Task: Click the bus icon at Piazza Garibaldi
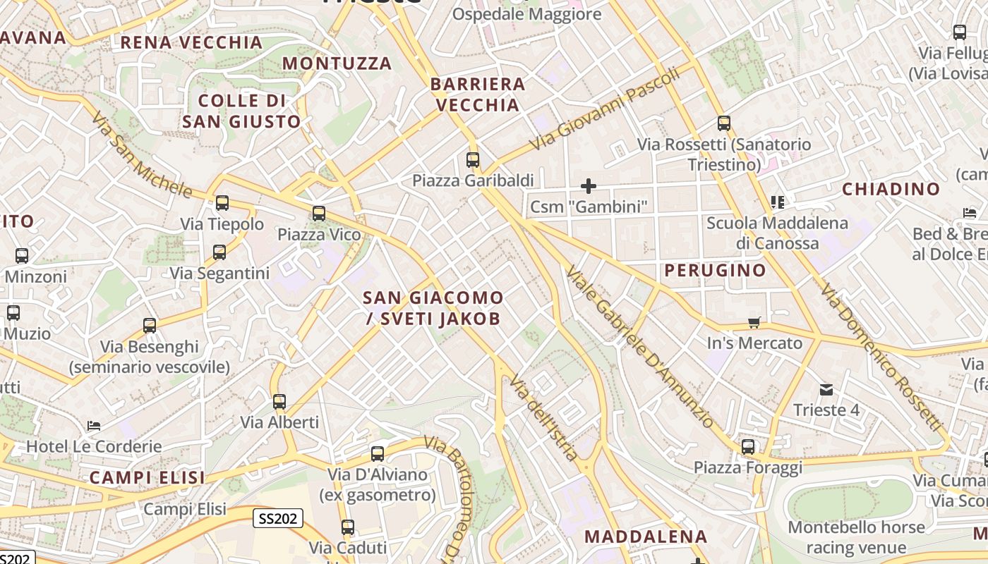(x=473, y=160)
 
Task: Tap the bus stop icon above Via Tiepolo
(x=222, y=204)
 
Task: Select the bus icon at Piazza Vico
(x=319, y=214)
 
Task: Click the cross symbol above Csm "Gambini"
(x=589, y=186)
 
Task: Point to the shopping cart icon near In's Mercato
(x=754, y=323)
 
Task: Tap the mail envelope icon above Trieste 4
(x=826, y=390)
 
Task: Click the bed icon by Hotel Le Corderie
(x=94, y=426)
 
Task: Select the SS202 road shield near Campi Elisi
(x=278, y=519)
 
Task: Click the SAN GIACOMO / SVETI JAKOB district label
(x=433, y=308)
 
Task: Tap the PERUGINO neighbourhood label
(x=715, y=270)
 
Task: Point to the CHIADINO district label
(x=891, y=189)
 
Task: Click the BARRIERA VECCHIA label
(x=478, y=94)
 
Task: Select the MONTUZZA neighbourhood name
(x=337, y=63)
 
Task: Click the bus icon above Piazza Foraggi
(x=748, y=447)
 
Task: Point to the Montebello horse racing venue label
(x=856, y=537)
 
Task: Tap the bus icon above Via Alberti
(x=279, y=402)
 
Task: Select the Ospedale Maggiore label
(x=526, y=14)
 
